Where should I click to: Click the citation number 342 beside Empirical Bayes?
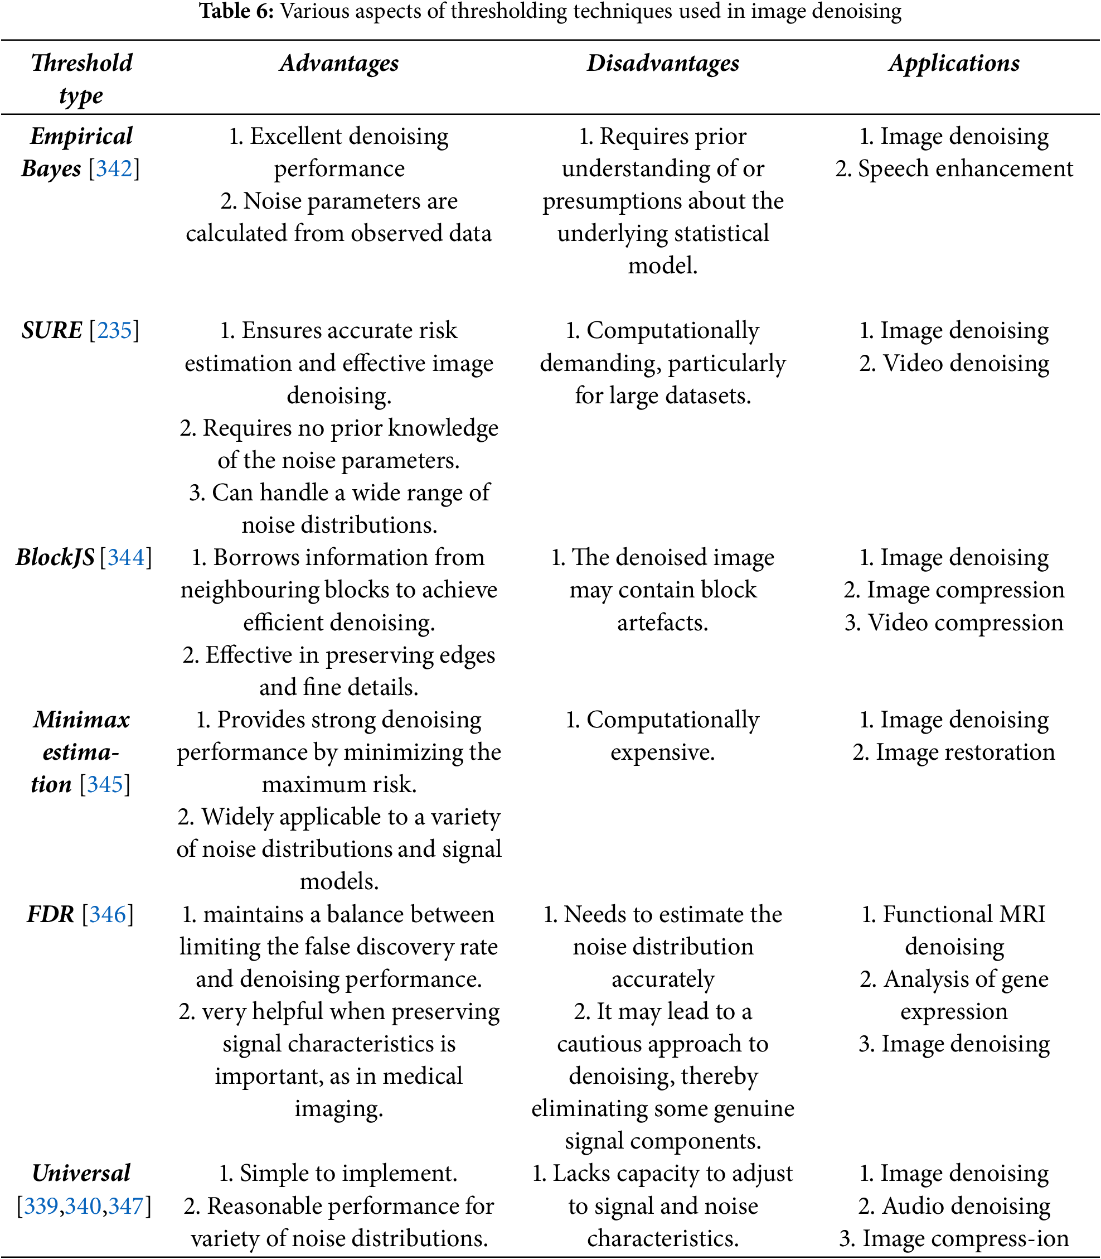coord(114,168)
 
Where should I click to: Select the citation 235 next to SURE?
coord(114,330)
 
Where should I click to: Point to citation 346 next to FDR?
coord(108,914)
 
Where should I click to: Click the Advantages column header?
coord(339,64)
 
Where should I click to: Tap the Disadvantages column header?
coord(663,64)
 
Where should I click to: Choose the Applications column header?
coord(954,64)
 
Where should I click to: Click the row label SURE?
coord(52,330)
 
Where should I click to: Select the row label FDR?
coord(50,914)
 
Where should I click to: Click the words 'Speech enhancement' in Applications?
coord(965,168)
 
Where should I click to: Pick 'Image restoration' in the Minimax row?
coord(965,752)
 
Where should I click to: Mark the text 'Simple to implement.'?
coord(348,1173)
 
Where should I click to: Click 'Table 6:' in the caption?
coord(236,11)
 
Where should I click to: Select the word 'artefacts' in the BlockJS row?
coord(661,622)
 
